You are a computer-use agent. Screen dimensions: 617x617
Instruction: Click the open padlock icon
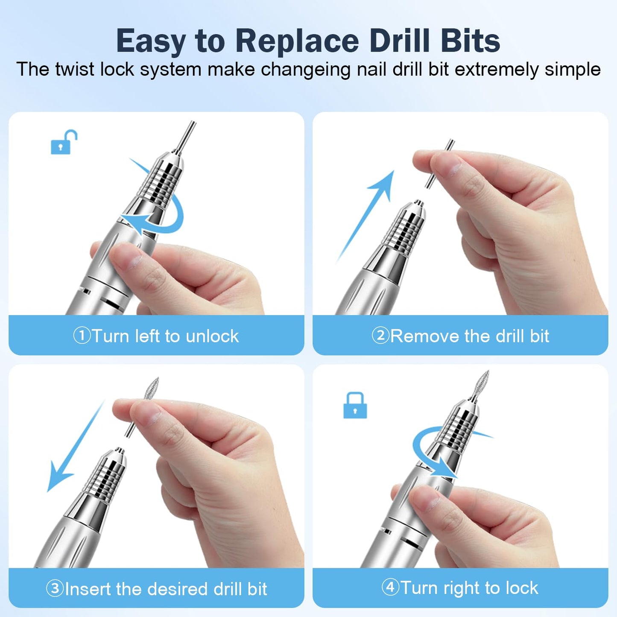pyautogui.click(x=64, y=143)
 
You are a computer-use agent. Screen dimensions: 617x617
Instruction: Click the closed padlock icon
pyautogui.click(x=355, y=406)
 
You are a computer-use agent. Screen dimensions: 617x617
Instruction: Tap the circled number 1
pyautogui.click(x=82, y=336)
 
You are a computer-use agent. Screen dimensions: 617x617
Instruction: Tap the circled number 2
pyautogui.click(x=380, y=336)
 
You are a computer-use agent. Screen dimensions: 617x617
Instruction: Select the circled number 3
pyautogui.click(x=55, y=588)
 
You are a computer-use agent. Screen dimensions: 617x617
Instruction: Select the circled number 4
pyautogui.click(x=390, y=588)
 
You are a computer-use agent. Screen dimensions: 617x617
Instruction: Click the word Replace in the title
pyautogui.click(x=297, y=41)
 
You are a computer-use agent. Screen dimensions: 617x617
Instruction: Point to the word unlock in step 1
pyautogui.click(x=212, y=336)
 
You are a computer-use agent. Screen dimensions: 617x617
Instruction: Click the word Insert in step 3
pyautogui.click(x=88, y=589)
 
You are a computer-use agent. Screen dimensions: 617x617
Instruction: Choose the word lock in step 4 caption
pyautogui.click(x=521, y=588)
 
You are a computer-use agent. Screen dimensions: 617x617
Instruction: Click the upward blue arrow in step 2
pyautogui.click(x=367, y=213)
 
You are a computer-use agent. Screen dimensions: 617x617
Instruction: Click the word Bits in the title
pyautogui.click(x=470, y=41)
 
